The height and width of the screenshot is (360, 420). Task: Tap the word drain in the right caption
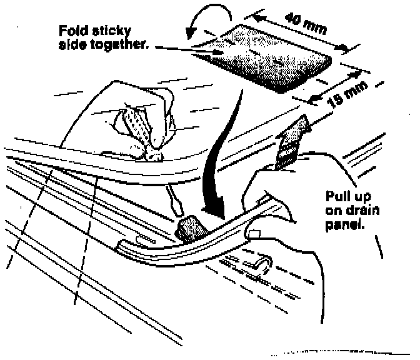coord(356,209)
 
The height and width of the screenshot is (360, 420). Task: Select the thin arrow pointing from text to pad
coord(187,49)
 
